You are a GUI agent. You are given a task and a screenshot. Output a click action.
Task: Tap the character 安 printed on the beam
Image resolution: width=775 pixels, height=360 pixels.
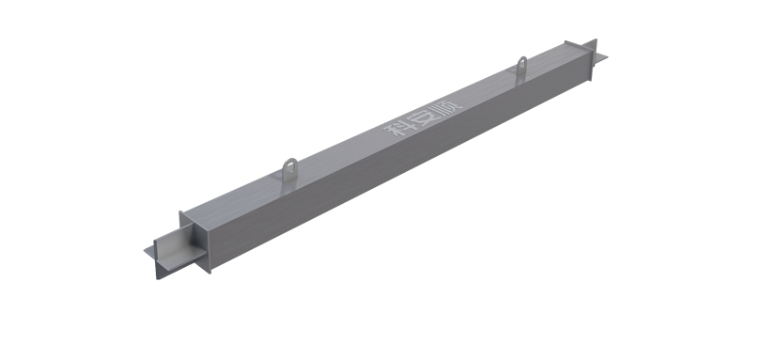tap(422, 117)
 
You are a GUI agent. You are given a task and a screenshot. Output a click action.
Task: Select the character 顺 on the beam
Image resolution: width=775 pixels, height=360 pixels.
tap(446, 105)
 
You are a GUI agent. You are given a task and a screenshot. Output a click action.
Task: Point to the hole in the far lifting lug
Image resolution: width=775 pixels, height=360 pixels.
tap(522, 63)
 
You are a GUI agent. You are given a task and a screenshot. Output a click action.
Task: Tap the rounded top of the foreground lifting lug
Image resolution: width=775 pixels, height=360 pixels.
tap(289, 160)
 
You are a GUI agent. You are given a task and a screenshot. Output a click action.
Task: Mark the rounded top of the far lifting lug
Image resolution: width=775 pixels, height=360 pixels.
tap(522, 58)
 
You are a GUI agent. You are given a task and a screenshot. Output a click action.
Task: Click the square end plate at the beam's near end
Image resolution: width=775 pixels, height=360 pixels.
tap(195, 243)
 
